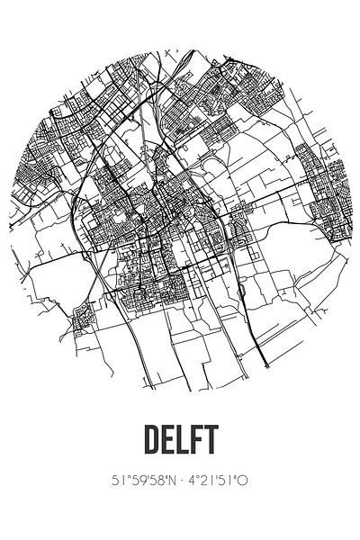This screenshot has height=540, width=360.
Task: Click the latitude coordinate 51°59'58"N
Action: click(x=143, y=481)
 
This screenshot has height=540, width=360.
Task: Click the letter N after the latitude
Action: click(x=171, y=481)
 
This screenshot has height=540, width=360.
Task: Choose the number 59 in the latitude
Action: click(x=137, y=481)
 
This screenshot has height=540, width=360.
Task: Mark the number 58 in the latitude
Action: click(x=157, y=481)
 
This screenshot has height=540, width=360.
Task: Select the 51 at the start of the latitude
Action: click(x=118, y=481)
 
